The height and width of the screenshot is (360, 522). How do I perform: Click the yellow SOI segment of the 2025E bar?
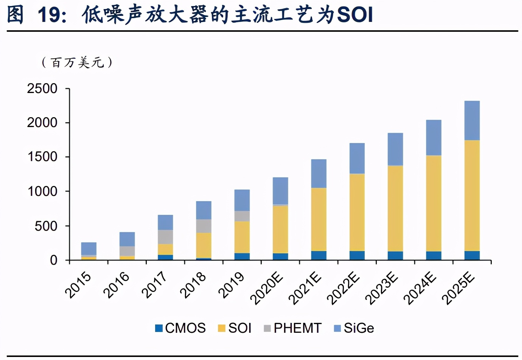pyautogui.click(x=472, y=196)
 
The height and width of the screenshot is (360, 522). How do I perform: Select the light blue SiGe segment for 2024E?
pyautogui.click(x=433, y=138)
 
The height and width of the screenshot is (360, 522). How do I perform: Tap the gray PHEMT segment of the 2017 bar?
pyautogui.click(x=165, y=237)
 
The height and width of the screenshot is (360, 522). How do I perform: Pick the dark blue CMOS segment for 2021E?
pyautogui.click(x=318, y=255)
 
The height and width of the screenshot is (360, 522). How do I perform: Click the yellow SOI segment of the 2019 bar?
pyautogui.click(x=242, y=237)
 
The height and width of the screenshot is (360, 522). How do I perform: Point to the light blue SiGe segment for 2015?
pyautogui.click(x=89, y=248)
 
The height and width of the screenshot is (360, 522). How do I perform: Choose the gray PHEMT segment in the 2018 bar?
pyautogui.click(x=204, y=226)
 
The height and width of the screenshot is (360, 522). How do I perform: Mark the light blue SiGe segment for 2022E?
pyautogui.click(x=357, y=158)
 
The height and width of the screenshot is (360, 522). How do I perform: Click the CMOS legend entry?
pyautogui.click(x=180, y=328)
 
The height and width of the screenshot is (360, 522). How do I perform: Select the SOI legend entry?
pyautogui.click(x=235, y=328)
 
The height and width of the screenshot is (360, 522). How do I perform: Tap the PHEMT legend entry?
pyautogui.click(x=292, y=328)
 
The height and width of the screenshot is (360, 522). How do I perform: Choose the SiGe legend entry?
pyautogui.click(x=354, y=328)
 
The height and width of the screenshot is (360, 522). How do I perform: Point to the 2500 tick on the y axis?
pyautogui.click(x=42, y=88)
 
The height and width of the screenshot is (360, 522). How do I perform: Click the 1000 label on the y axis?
pyautogui.click(x=42, y=191)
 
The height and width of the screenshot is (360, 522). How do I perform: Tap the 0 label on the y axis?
pyautogui.click(x=53, y=260)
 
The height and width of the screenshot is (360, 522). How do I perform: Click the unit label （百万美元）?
pyautogui.click(x=77, y=62)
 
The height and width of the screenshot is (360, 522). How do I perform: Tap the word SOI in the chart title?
pyautogui.click(x=355, y=15)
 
